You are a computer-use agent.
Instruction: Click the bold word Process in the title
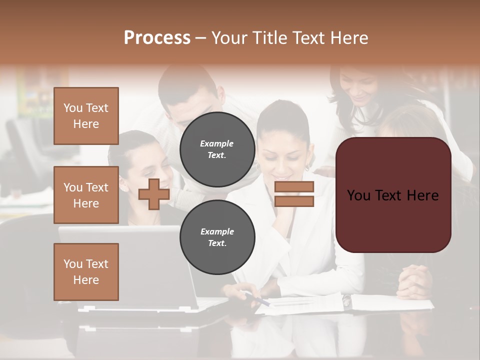[x=157, y=38]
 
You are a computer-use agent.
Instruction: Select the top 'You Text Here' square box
[x=86, y=116]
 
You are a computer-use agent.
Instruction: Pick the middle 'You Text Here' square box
[x=86, y=195]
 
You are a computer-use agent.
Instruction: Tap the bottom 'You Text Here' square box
[x=86, y=271]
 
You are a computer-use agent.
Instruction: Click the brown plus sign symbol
[x=154, y=194]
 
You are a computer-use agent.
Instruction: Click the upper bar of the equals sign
[x=294, y=186]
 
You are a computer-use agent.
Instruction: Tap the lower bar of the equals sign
[x=294, y=201]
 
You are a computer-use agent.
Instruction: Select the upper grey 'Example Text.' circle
[x=217, y=149]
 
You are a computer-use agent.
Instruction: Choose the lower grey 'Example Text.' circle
[x=217, y=237]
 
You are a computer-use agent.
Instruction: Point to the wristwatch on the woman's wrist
[x=346, y=300]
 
